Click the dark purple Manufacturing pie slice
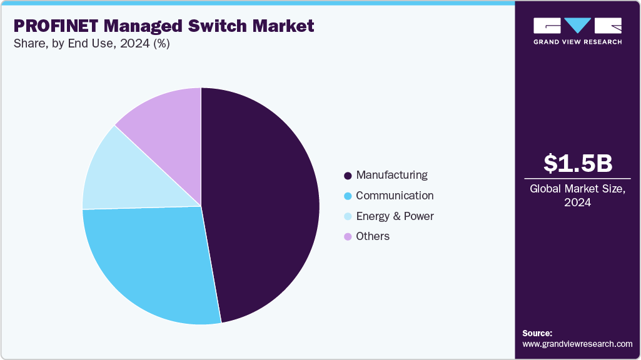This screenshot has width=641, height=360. pos(263,200)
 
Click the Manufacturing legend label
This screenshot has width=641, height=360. pos(391,175)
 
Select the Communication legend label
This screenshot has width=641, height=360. pos(395,196)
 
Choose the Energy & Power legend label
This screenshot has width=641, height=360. pos(395,216)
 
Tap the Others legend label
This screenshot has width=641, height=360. pos(373,236)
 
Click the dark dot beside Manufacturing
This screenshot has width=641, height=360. pos(348,176)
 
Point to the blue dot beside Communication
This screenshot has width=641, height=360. pos(348,196)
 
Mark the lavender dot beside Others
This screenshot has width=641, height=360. pos(348,237)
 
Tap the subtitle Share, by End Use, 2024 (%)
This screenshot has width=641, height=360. pos(91,44)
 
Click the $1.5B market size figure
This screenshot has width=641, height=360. pos(577,163)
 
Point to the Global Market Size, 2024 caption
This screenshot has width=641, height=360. pos(577,196)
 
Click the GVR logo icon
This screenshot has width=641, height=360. pos(577,26)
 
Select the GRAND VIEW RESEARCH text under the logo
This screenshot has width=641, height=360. pos(577,42)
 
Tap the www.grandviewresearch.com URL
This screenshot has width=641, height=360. pos(577,344)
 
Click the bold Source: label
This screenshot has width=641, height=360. pos(537,333)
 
